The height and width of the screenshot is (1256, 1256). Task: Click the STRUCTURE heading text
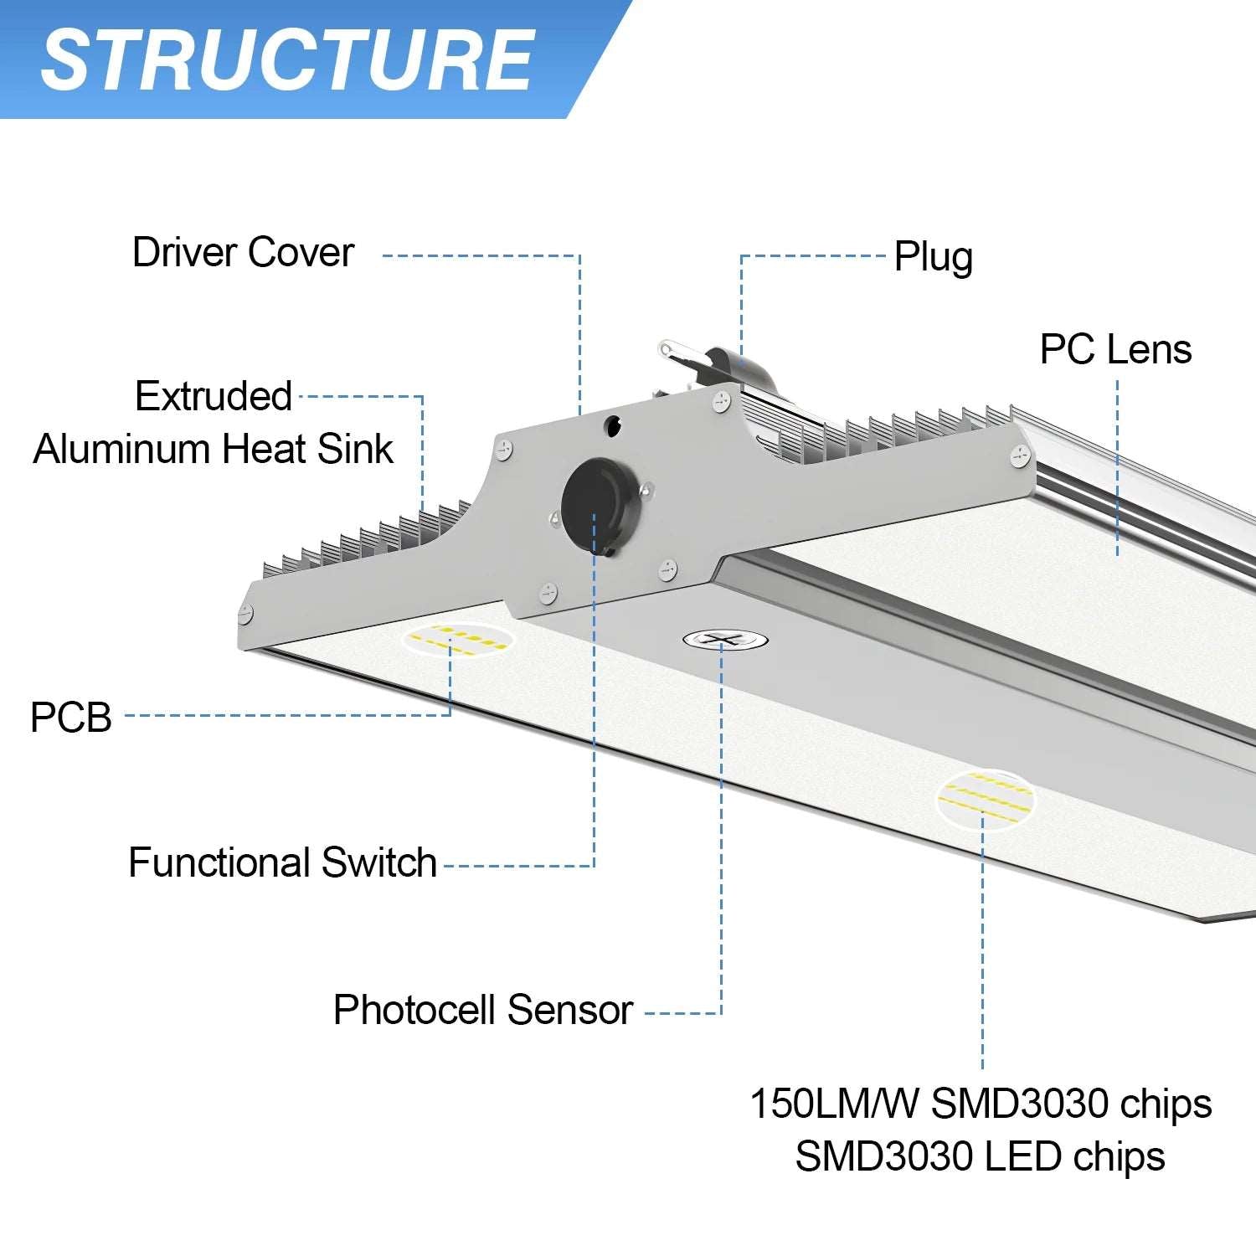click(x=287, y=59)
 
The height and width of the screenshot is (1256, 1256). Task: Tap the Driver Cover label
click(x=243, y=252)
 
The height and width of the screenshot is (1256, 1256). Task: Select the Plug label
click(x=933, y=257)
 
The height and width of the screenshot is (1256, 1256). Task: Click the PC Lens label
click(x=1115, y=349)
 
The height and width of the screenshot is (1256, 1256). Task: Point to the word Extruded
click(x=214, y=396)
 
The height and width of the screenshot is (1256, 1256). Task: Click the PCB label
click(x=71, y=718)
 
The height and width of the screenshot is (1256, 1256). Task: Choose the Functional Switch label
click(x=282, y=862)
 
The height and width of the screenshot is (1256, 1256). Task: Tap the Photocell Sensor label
click(x=482, y=1010)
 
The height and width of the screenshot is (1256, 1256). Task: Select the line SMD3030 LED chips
click(x=980, y=1157)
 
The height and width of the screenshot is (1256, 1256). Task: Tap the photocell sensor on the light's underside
click(x=725, y=641)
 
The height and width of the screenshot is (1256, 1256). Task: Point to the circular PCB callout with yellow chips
click(x=458, y=639)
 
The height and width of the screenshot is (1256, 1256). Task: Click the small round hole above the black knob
click(x=614, y=425)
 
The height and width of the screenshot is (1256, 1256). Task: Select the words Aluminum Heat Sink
click(x=214, y=450)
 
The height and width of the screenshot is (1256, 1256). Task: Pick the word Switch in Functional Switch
click(x=379, y=862)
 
